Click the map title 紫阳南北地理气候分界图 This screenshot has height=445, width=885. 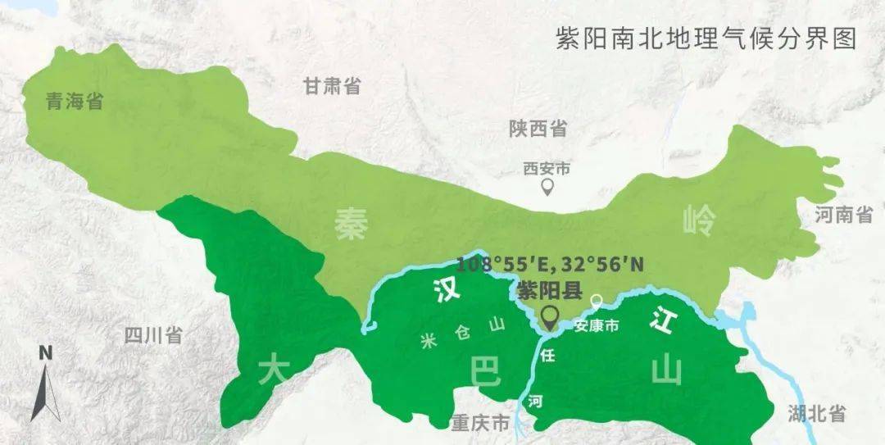point(706,39)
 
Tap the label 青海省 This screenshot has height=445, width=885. point(74,102)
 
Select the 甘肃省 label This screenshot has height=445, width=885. point(332,86)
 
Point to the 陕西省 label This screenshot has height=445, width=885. point(538,129)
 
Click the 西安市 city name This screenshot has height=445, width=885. point(547,169)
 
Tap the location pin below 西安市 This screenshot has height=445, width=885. point(547,188)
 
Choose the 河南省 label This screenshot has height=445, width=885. point(844,216)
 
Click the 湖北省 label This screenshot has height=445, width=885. point(816,413)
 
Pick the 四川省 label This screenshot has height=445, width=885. point(153,334)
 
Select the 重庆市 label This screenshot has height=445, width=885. point(480,423)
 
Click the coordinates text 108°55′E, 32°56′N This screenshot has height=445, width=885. point(550,264)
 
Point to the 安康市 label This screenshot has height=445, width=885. point(597,325)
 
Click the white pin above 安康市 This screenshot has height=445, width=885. point(597,302)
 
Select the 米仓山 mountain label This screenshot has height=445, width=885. point(462,334)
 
